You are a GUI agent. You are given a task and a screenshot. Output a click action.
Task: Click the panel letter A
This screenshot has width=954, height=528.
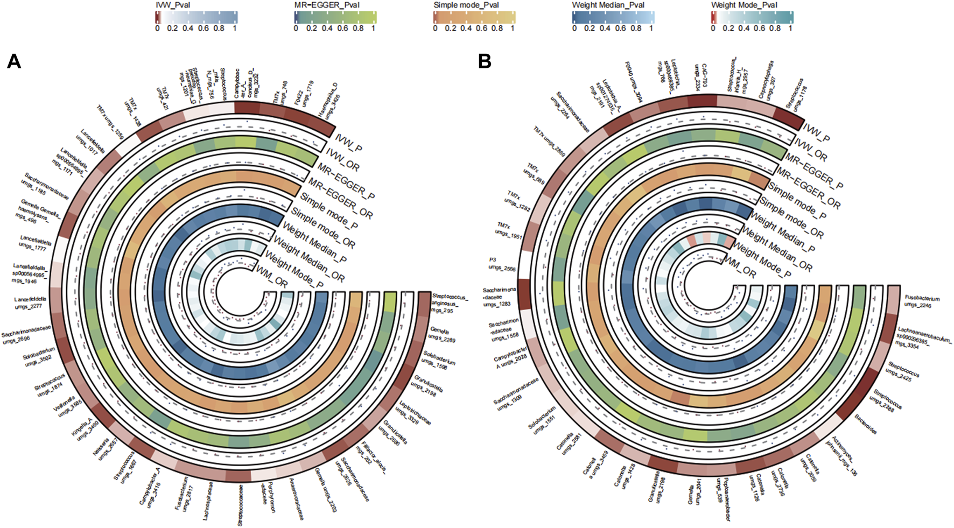[x=14, y=61]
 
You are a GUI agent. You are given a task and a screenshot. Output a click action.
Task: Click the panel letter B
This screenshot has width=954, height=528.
[x=485, y=61]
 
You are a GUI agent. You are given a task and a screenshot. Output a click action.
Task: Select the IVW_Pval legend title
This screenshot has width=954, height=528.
[x=172, y=5]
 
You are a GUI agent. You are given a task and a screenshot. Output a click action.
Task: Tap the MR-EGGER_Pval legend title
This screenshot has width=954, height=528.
[x=327, y=5]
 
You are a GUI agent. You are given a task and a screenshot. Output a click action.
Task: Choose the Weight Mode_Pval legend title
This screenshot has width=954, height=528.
[x=744, y=5]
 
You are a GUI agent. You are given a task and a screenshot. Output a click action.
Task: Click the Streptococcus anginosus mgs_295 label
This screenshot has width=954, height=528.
[x=450, y=304]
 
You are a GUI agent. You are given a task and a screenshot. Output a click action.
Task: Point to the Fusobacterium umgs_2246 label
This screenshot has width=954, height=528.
[x=922, y=301]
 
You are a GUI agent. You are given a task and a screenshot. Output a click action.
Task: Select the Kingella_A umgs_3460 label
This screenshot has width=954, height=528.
[x=85, y=431]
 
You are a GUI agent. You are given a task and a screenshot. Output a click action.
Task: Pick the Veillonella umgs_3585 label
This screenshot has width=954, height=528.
[x=67, y=407]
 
